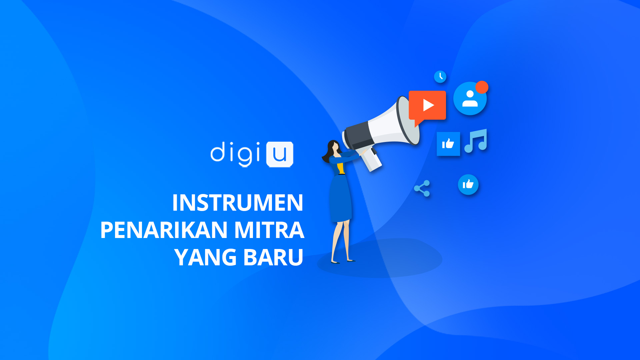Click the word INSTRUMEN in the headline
[237, 203]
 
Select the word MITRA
[269, 230]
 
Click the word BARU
[273, 257]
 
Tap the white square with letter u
[280, 154]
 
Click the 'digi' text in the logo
[235, 153]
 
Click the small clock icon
[440, 77]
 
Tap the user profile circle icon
[470, 99]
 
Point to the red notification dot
[482, 87]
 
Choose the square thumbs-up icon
[448, 144]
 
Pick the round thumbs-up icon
[468, 184]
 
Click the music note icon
[476, 141]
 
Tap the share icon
[422, 188]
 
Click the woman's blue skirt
[340, 198]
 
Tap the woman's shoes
[343, 261]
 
